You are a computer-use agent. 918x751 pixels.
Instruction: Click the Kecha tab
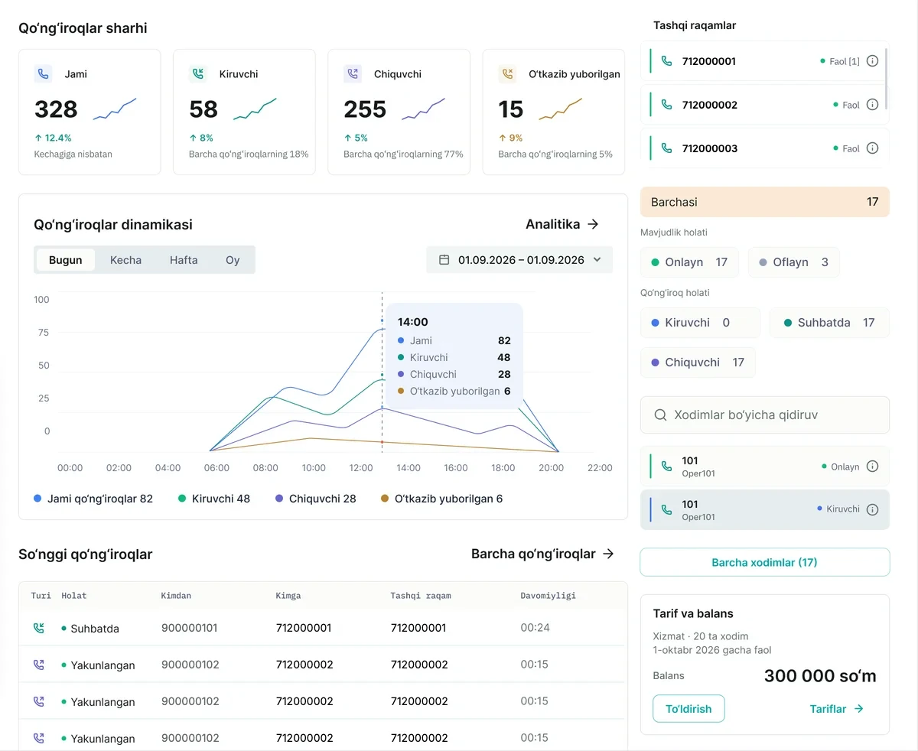[125, 260]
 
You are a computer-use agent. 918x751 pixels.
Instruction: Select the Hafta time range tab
[184, 260]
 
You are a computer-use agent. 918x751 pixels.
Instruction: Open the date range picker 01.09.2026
[519, 260]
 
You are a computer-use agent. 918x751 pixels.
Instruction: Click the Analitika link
[562, 224]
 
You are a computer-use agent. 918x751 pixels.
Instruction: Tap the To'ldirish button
[688, 708]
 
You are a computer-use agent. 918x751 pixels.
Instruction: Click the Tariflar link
[836, 709]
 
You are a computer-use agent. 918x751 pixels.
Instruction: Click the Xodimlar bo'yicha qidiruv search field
[764, 415]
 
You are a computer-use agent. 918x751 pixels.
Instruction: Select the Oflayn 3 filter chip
[793, 262]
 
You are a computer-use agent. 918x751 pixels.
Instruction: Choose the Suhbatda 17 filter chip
[829, 323]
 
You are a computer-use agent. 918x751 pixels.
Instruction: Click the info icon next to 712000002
[872, 105]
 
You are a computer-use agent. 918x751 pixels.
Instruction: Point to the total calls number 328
[56, 109]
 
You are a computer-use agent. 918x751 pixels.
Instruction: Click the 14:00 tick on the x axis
[408, 468]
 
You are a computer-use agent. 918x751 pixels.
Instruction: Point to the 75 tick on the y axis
[43, 333]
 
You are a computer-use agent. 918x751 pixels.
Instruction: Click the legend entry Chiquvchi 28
[316, 499]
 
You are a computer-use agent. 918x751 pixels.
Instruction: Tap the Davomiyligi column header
[548, 595]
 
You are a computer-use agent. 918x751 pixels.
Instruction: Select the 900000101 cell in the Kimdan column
[190, 628]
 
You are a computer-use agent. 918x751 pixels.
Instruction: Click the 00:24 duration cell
[535, 627]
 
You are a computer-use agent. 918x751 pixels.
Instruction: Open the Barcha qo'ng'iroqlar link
[542, 554]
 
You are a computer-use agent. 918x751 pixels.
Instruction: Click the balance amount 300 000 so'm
[820, 676]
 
